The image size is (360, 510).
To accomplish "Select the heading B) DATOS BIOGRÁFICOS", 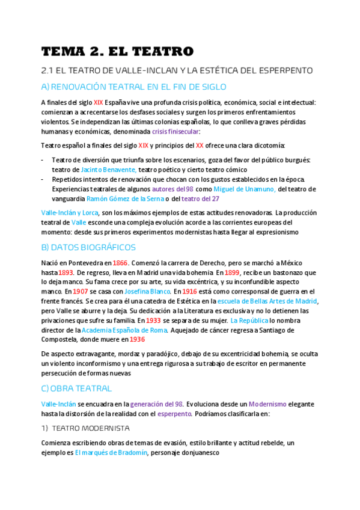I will [x=88, y=247].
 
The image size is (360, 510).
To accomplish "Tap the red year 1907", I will [x=80, y=292].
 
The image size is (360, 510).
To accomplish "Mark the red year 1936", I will [x=137, y=340].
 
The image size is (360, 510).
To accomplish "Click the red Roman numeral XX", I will [x=200, y=146].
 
